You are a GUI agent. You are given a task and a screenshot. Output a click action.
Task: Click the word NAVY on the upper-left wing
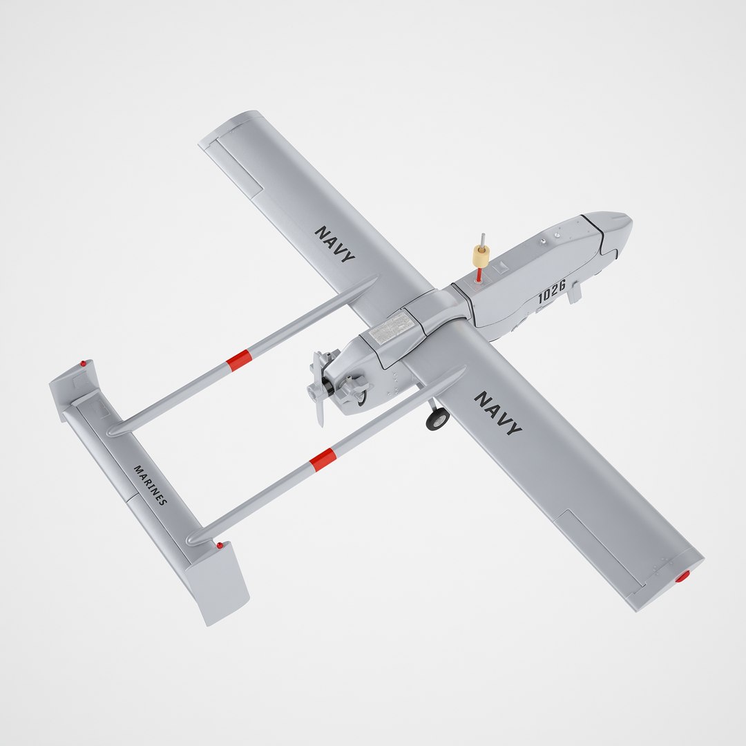335,244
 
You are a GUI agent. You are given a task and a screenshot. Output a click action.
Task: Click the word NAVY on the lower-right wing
497,412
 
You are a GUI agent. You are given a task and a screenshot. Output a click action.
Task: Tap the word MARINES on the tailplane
150,485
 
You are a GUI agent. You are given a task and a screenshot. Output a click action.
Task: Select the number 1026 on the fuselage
552,292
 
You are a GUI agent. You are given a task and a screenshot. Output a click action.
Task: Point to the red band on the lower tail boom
323,459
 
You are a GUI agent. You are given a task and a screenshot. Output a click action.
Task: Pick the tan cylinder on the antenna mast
481,256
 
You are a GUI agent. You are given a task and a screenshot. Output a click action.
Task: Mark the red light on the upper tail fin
84,363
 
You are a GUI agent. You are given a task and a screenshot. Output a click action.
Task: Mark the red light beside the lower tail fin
220,545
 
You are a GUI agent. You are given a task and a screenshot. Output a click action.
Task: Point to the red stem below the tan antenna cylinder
479,275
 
